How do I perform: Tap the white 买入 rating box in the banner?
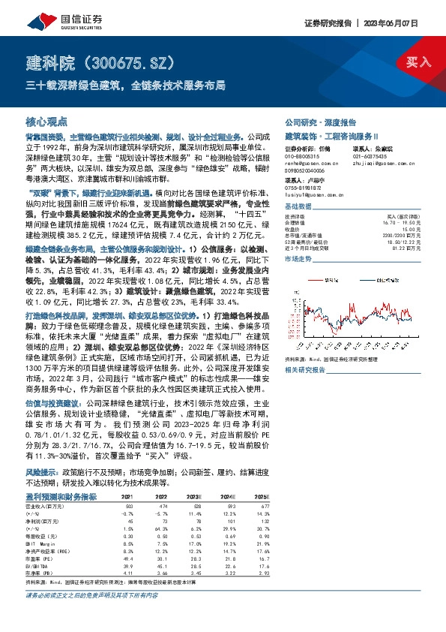[418, 63]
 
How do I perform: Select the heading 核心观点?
[46, 121]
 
